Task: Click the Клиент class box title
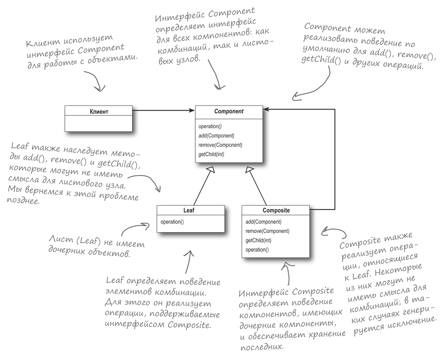[98, 112]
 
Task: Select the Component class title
[229, 112]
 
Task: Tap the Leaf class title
[189, 210]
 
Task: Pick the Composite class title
[276, 210]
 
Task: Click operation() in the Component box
[210, 126]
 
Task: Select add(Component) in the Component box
[216, 136]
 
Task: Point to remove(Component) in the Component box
[220, 145]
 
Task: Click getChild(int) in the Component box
[211, 154]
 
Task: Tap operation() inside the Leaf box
[172, 222]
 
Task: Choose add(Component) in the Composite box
[263, 222]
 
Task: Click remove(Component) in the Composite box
[267, 231]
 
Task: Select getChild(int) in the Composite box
[258, 240]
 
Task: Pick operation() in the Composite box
[257, 250]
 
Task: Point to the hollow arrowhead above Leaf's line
[211, 170]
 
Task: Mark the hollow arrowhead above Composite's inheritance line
[249, 170]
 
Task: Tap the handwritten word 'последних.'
[262, 347]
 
